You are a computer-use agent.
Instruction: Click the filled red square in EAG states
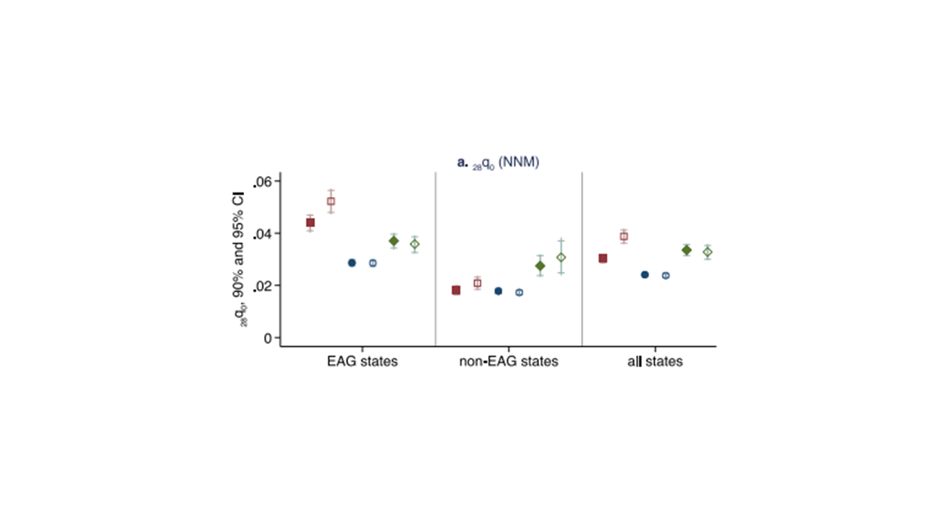coord(310,223)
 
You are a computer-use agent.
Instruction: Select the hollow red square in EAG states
coord(331,201)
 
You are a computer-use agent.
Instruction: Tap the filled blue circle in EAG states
coord(352,263)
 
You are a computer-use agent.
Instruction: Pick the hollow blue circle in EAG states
coord(372,263)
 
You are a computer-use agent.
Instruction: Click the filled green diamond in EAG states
coord(394,241)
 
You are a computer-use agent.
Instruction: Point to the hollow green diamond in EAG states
coord(414,244)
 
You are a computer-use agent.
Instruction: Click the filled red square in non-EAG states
coord(456,291)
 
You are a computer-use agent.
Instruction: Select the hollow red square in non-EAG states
coord(477,283)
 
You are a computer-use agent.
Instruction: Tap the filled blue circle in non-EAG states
coord(498,291)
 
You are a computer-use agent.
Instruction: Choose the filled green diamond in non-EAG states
coord(540,265)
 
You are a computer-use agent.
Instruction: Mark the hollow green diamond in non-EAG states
coord(560,257)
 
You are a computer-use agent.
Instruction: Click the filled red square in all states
coord(603,258)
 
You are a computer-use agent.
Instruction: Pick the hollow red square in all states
coord(624,237)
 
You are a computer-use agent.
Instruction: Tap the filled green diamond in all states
coord(687,250)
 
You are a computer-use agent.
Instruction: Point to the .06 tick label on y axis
coord(263,181)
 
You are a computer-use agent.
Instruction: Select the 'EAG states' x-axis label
coord(362,362)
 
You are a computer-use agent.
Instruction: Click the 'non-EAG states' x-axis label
coord(509,362)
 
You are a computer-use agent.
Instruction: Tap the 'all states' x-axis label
coord(650,362)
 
